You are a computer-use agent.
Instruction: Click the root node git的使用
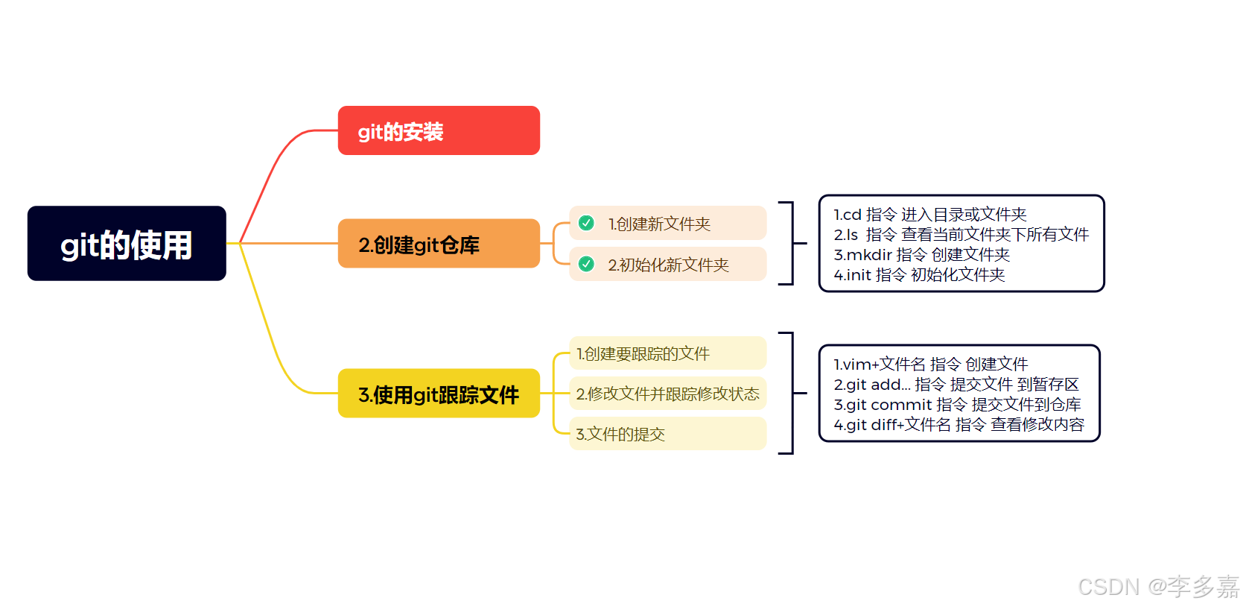127,244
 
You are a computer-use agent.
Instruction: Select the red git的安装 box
439,131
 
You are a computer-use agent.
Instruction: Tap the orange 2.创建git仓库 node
439,244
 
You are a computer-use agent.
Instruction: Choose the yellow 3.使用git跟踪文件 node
439,394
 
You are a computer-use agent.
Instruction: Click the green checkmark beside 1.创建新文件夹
587,223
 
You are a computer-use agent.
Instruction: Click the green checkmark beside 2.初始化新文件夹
587,264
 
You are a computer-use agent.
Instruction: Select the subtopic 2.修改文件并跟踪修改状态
667,394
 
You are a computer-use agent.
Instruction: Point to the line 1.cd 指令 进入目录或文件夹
929,215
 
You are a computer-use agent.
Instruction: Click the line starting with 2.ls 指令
961,235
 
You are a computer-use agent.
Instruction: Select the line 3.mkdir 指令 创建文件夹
921,255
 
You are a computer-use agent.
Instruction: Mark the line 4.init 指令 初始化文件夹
919,275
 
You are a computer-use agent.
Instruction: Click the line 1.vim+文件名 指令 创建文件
930,365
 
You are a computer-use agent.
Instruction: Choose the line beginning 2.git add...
956,385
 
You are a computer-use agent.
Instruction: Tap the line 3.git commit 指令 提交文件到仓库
957,405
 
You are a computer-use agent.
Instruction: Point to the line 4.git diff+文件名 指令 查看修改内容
959,425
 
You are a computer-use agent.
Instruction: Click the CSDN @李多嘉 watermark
1158,587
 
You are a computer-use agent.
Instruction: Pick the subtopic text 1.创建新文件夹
659,224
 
